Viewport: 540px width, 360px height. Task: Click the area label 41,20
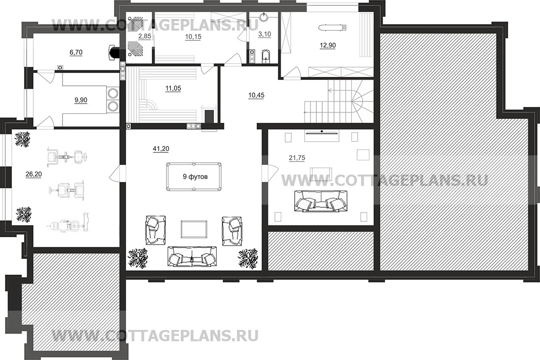click(x=161, y=148)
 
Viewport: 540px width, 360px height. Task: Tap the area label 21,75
click(x=297, y=158)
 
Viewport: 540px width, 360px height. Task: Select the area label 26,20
click(x=34, y=175)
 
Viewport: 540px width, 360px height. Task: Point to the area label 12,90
click(x=328, y=45)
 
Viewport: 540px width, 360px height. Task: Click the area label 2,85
click(x=145, y=36)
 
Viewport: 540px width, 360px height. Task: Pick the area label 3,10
click(x=265, y=34)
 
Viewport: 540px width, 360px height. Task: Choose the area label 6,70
click(x=76, y=52)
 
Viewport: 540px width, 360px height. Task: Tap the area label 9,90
click(x=81, y=100)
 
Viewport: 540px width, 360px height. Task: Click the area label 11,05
click(x=173, y=88)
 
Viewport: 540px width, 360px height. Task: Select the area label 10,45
click(x=256, y=95)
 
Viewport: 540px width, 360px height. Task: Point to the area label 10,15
click(x=193, y=36)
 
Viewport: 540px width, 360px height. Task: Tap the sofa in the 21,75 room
click(x=319, y=201)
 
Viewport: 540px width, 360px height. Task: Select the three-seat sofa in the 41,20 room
click(x=192, y=256)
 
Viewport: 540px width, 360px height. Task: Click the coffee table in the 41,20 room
click(x=194, y=229)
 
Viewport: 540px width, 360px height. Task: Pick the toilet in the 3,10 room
click(x=266, y=57)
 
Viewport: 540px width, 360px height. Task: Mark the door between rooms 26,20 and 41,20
click(x=117, y=174)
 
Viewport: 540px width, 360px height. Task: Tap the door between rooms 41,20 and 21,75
click(x=270, y=173)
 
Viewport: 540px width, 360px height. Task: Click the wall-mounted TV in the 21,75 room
click(x=321, y=132)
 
